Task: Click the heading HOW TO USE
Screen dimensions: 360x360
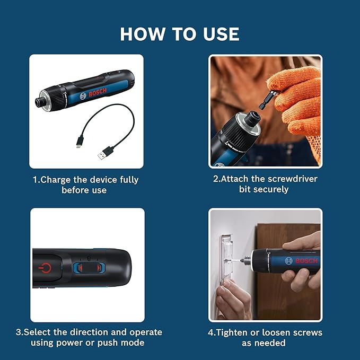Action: [x=180, y=34]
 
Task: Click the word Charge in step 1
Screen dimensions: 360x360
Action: [x=58, y=180]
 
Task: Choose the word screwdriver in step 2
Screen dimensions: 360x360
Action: [x=291, y=179]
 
